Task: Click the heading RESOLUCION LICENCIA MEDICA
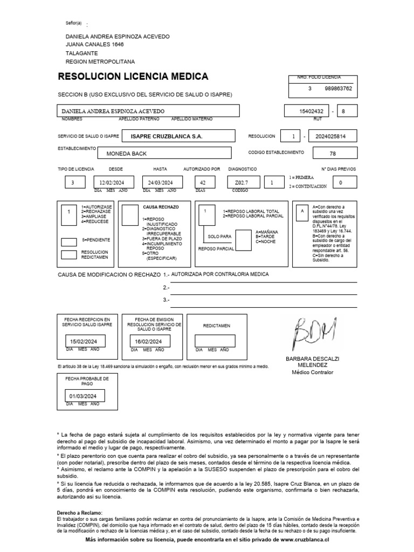coord(136,77)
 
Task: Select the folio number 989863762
coord(339,88)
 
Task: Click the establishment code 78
coord(333,154)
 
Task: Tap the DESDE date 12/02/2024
coord(113,183)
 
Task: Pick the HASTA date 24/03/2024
coord(160,183)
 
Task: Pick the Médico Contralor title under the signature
coord(312,372)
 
